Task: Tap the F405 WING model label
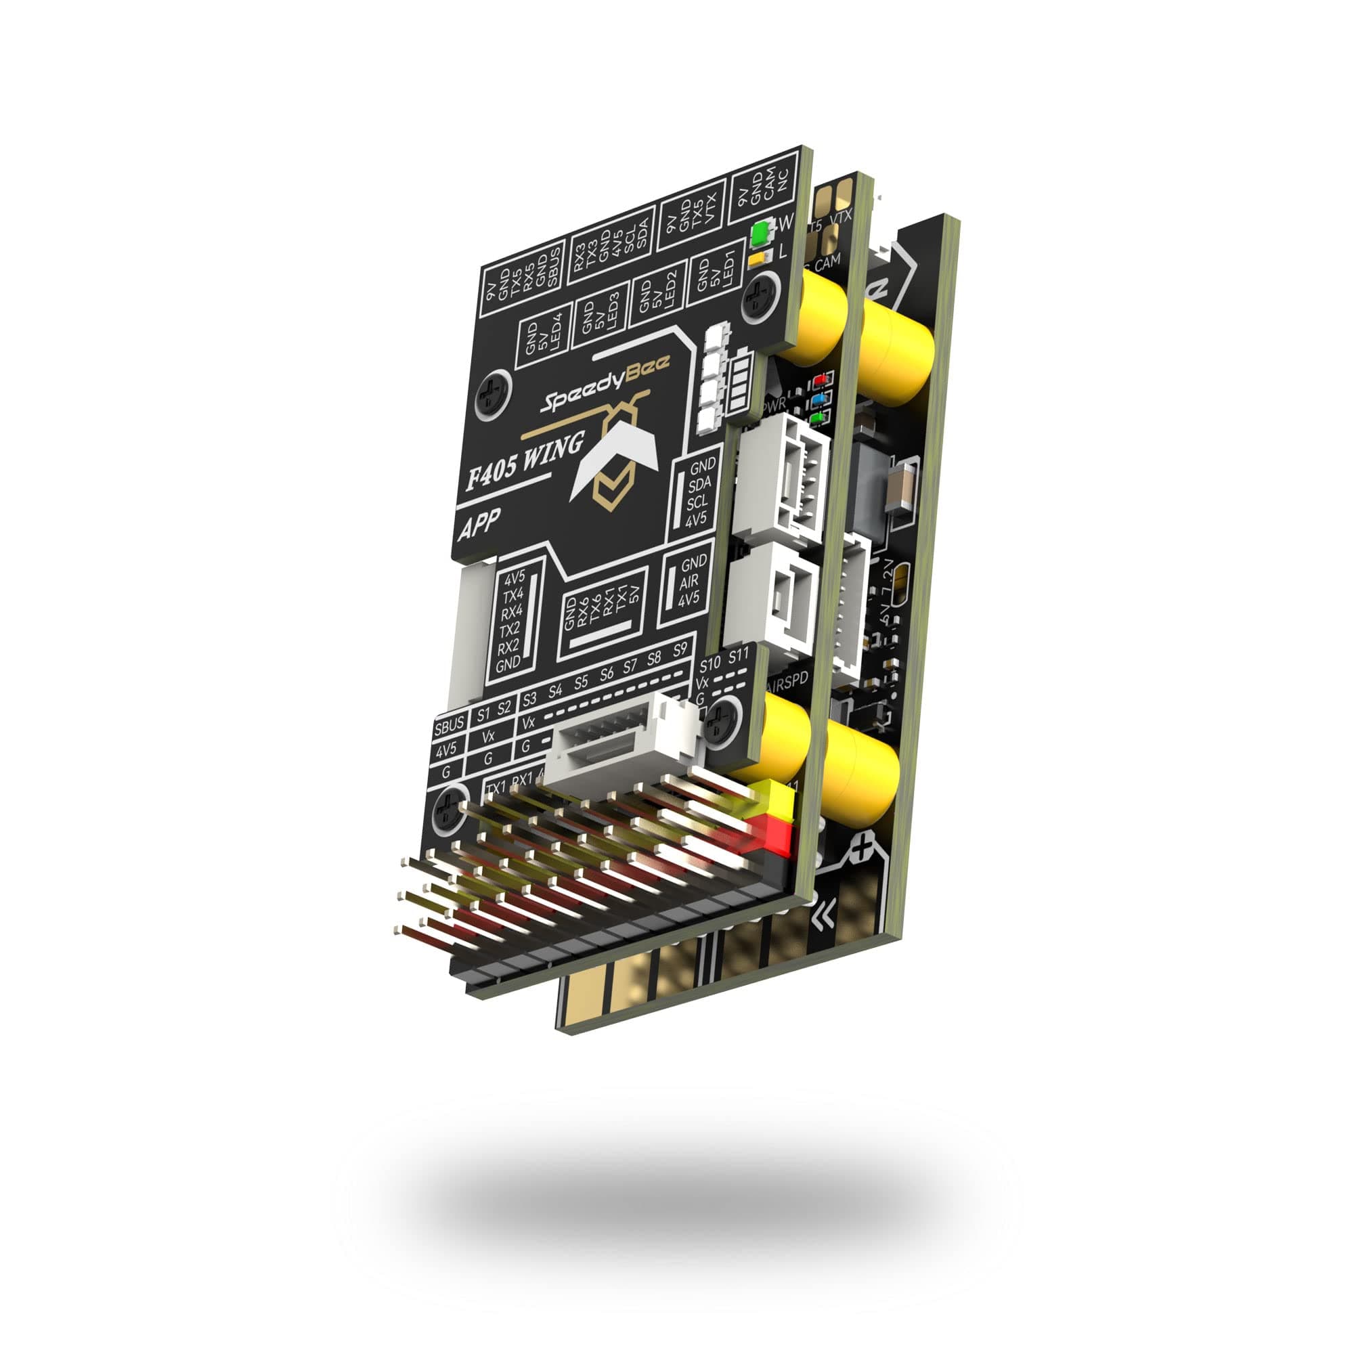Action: click(525, 463)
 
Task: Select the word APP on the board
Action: click(479, 525)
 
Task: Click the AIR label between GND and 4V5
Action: click(689, 581)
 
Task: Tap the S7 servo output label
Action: click(630, 665)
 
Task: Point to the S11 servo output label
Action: click(739, 657)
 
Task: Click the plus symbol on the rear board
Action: click(863, 852)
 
